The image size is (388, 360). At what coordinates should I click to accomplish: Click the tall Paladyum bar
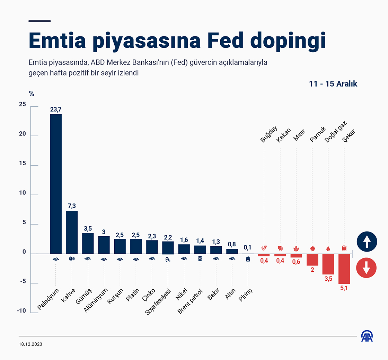tap(56, 184)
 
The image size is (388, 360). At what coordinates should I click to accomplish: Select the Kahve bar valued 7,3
tap(72, 232)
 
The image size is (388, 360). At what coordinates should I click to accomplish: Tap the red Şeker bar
tap(344, 269)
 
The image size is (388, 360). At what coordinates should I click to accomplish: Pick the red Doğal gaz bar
tap(328, 264)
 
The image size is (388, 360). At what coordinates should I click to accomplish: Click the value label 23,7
tap(56, 109)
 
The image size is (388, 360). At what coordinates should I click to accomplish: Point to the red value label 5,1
tap(344, 288)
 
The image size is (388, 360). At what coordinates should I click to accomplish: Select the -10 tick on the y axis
tap(21, 311)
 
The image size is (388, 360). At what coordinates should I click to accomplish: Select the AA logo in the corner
tap(367, 336)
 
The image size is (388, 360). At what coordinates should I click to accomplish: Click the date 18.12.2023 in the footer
tap(31, 345)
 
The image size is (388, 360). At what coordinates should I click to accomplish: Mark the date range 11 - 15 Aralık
tap(333, 84)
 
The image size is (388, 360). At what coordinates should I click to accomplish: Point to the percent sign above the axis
tap(32, 94)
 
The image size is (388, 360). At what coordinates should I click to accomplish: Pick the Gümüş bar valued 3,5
tap(88, 243)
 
